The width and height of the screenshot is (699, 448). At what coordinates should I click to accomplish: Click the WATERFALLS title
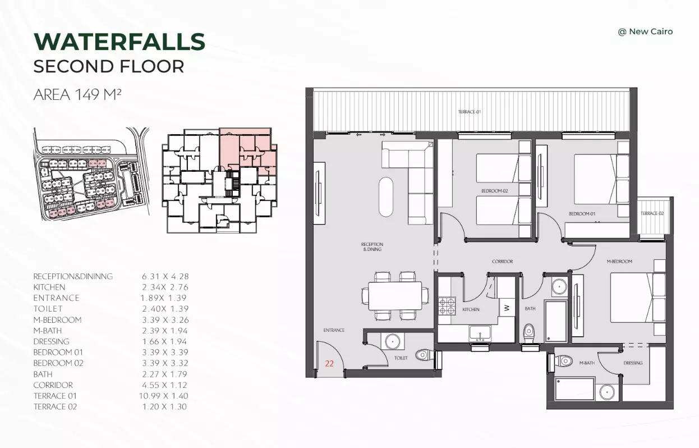pyautogui.click(x=119, y=42)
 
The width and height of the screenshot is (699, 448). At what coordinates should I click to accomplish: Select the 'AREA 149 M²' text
pyautogui.click(x=77, y=94)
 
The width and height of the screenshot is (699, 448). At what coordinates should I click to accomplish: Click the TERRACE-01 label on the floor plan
pyautogui.click(x=470, y=112)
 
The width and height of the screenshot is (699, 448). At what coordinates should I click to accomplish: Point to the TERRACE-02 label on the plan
pyautogui.click(x=652, y=213)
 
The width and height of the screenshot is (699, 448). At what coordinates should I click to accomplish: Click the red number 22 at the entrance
pyautogui.click(x=329, y=363)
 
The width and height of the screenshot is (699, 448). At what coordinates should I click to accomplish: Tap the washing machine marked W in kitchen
pyautogui.click(x=507, y=308)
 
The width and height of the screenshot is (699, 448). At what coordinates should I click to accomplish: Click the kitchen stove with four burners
pyautogui.click(x=447, y=306)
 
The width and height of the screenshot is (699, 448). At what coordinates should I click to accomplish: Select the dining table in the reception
pyautogui.click(x=395, y=296)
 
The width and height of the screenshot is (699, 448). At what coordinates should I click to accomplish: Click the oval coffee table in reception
pyautogui.click(x=386, y=197)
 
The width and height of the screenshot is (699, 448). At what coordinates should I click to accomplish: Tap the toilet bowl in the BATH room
pyautogui.click(x=529, y=332)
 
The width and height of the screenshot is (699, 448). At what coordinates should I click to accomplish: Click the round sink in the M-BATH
pyautogui.click(x=607, y=392)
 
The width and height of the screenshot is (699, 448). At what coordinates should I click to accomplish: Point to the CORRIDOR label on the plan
pyautogui.click(x=503, y=261)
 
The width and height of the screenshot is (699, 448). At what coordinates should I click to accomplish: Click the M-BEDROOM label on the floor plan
pyautogui.click(x=619, y=261)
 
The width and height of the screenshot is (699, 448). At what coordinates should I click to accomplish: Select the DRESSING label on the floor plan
pyautogui.click(x=633, y=363)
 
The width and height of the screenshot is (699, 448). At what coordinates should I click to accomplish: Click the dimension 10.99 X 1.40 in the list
pyautogui.click(x=163, y=396)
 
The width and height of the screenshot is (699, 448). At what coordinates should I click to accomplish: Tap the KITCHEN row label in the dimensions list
pyautogui.click(x=49, y=287)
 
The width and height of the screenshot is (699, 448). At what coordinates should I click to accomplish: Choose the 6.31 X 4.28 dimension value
pyautogui.click(x=165, y=276)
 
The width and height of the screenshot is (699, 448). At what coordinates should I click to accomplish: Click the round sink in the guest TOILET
pyautogui.click(x=392, y=341)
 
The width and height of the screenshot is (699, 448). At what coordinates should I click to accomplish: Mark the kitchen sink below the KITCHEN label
pyautogui.click(x=480, y=333)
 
